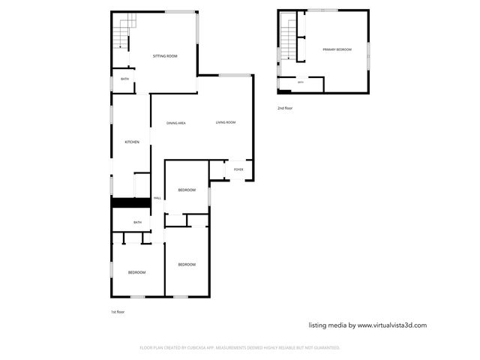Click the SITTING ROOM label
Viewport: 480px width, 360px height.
pyautogui.click(x=165, y=56)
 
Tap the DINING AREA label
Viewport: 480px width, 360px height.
pyautogui.click(x=176, y=123)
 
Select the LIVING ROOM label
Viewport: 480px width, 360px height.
pyautogui.click(x=226, y=122)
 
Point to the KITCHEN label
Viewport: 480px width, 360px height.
pyautogui.click(x=132, y=142)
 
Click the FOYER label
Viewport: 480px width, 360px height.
pyautogui.click(x=238, y=169)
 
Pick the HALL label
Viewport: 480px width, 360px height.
pyautogui.click(x=157, y=198)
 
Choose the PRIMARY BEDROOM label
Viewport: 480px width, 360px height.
pyautogui.click(x=337, y=49)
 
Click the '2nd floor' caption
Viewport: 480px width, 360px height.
pyautogui.click(x=285, y=108)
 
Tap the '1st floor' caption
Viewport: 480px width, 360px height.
pyautogui.click(x=118, y=311)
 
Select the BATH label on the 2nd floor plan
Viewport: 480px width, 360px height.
pyautogui.click(x=301, y=82)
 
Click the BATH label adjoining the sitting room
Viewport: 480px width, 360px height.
pyautogui.click(x=124, y=79)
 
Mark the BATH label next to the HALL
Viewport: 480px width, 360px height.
pyautogui.click(x=137, y=222)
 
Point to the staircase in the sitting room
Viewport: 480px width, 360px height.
pyautogui.click(x=122, y=31)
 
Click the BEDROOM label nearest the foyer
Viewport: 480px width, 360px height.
pyautogui.click(x=187, y=190)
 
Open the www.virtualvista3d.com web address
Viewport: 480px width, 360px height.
pyautogui.click(x=391, y=325)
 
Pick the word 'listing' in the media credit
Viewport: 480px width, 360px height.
pyautogui.click(x=319, y=325)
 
